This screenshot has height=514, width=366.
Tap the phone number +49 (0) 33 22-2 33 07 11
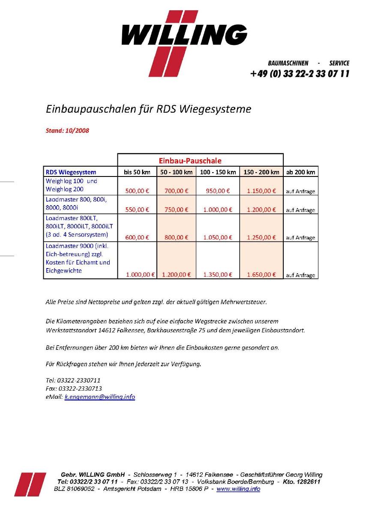click(300, 74)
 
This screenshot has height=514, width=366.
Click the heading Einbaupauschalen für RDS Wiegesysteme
click(148, 109)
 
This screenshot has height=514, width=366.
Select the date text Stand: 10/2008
click(67, 130)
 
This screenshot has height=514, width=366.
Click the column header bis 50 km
click(137, 172)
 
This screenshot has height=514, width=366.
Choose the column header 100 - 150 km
click(218, 172)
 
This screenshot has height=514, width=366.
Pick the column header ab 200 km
click(300, 172)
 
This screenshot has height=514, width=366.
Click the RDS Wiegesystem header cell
click(71, 172)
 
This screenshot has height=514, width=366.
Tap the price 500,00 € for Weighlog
click(137, 191)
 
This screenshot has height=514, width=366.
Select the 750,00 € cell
click(176, 209)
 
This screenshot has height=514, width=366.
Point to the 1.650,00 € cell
click(261, 275)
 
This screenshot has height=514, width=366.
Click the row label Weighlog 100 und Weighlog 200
click(72, 185)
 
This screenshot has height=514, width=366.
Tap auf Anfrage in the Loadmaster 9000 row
click(300, 275)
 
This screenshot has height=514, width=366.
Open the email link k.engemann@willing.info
click(100, 397)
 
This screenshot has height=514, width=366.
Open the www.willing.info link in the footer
click(238, 489)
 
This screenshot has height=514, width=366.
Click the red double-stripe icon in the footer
click(30, 484)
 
